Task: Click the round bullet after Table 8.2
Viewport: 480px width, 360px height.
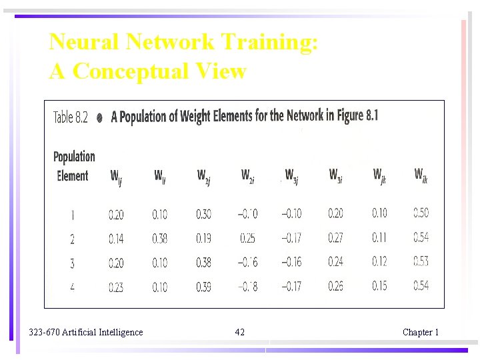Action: (x=99, y=117)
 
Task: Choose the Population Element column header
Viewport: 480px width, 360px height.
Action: (x=73, y=166)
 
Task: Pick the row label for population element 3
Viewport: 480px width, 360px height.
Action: (x=72, y=263)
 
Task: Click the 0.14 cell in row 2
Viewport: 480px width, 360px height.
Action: (x=116, y=238)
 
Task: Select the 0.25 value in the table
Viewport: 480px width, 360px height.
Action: (x=248, y=238)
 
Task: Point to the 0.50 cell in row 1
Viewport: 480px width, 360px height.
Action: (x=421, y=213)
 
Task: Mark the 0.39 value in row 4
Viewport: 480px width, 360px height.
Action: (x=203, y=287)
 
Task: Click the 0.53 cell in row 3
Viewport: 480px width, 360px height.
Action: (x=421, y=262)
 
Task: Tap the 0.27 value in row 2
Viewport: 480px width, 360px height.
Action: (x=335, y=238)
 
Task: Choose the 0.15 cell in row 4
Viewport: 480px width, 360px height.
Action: (x=379, y=287)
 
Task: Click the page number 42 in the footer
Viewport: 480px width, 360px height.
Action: (x=240, y=332)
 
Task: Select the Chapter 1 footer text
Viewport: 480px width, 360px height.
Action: (x=420, y=332)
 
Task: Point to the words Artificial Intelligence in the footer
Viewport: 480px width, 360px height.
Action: (x=102, y=332)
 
